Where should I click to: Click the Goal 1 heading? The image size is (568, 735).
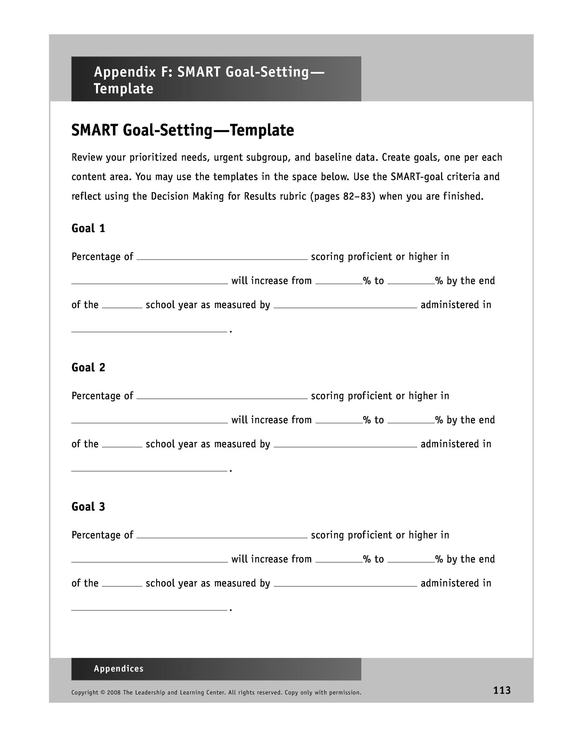coord(88,228)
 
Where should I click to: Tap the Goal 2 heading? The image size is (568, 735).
coord(88,367)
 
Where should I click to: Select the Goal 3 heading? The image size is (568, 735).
coord(88,507)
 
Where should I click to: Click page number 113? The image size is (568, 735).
coord(502,690)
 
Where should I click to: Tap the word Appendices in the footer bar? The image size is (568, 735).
coord(118,668)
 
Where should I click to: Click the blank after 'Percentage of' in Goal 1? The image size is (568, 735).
coord(222,256)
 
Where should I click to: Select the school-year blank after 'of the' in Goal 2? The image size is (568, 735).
coord(122,443)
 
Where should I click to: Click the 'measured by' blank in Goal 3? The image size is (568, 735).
coord(345,582)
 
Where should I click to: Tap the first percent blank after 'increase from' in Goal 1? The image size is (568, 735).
coord(339,280)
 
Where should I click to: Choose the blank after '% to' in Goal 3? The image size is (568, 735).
coord(411,558)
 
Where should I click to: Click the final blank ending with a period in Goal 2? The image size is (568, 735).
coord(149,467)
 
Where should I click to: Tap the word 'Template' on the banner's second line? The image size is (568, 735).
coord(123,89)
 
